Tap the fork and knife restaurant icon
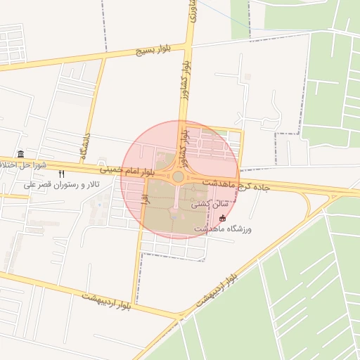[62, 174]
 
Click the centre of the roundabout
[178, 177]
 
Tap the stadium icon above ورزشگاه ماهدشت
[223, 218]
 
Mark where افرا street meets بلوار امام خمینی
[144, 174]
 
